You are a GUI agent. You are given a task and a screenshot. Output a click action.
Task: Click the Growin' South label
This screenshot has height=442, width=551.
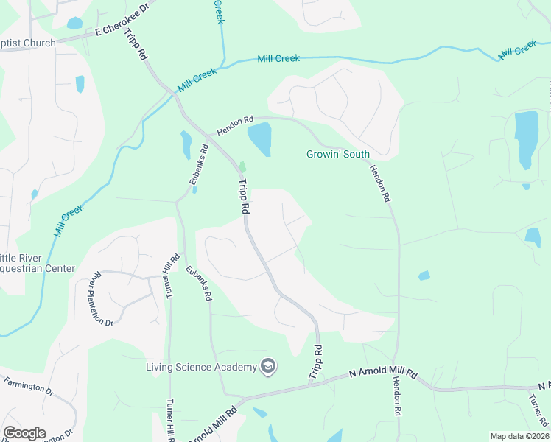tap(338, 154)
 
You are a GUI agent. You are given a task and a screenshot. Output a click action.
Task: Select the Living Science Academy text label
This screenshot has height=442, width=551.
tap(200, 367)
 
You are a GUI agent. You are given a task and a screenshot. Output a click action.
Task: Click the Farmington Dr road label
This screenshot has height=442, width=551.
tap(29, 387)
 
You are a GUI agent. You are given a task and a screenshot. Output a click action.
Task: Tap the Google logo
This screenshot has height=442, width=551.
tap(24, 433)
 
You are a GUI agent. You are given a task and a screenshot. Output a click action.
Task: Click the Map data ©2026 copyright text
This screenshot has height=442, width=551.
tap(519, 436)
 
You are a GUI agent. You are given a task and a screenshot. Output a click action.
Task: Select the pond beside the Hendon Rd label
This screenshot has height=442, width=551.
tap(259, 138)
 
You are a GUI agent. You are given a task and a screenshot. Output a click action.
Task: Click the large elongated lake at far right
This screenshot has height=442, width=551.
tap(526, 138)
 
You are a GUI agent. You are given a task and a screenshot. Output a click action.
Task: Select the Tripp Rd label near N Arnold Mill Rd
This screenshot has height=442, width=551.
tap(315, 363)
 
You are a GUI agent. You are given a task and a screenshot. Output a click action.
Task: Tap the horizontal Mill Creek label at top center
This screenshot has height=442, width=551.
tap(278, 58)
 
